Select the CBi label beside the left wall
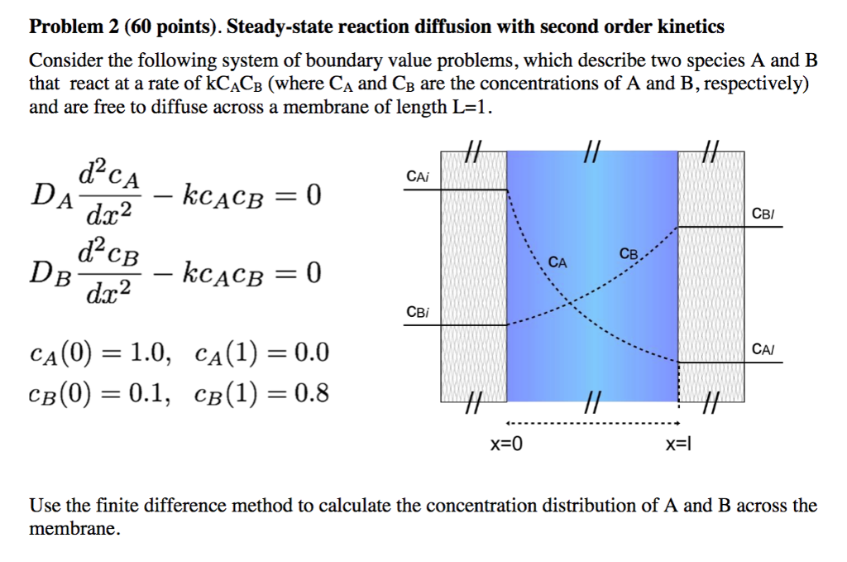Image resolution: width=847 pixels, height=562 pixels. pos(417,312)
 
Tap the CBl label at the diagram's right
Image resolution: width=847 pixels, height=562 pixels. pos(763,214)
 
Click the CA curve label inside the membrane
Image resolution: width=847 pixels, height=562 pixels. pos(558,262)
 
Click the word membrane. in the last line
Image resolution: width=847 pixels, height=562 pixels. pos(74,529)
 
